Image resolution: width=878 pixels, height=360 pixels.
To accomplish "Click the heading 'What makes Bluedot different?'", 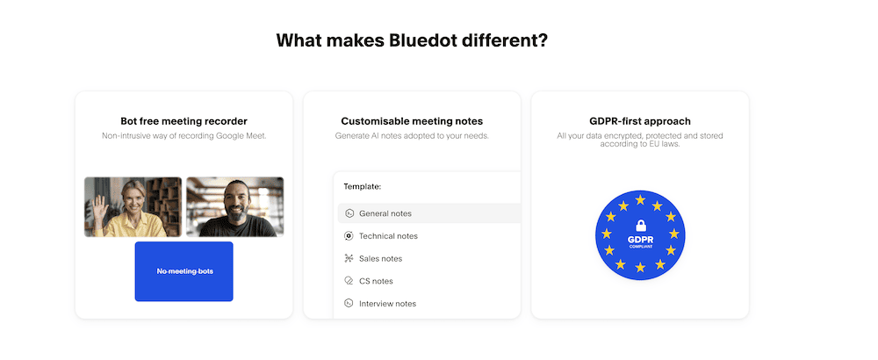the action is point(412,40).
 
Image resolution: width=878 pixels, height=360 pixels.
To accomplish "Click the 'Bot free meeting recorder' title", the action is point(184,121).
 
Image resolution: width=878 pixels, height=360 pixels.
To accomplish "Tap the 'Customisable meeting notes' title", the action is point(412,121).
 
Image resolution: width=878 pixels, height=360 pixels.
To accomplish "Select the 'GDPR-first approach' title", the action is point(639,121).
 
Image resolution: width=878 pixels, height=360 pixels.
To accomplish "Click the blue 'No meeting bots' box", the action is point(184,271).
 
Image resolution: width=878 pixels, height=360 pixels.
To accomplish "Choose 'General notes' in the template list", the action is point(385,213).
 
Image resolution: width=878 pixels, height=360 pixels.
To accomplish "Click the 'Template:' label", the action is point(363,186).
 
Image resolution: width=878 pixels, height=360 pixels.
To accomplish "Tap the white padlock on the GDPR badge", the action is point(641,226).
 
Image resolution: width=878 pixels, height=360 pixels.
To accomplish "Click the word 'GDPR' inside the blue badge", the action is point(641,240).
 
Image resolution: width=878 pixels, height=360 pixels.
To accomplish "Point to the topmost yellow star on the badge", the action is point(641,200).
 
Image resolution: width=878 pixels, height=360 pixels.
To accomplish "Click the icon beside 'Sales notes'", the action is point(349,259).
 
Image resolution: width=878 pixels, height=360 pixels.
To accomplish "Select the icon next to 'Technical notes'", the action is point(349,236).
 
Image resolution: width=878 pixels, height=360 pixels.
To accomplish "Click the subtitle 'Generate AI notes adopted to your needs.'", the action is point(412,135).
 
